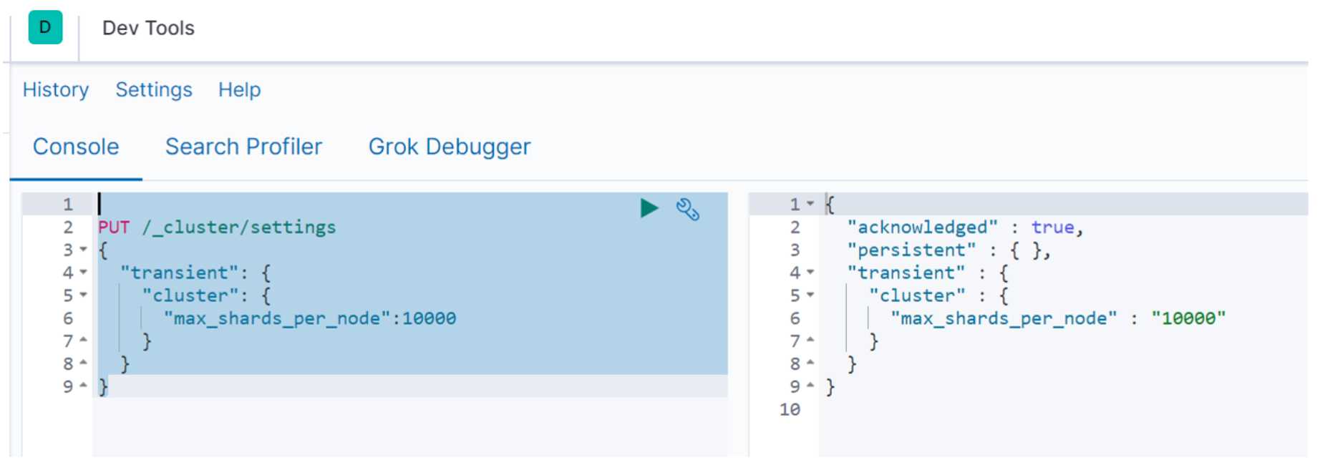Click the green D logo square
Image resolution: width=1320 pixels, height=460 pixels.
45,28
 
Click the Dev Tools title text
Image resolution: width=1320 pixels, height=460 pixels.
148,28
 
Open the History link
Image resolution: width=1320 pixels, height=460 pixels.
56,89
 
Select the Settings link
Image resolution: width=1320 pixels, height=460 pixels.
154,89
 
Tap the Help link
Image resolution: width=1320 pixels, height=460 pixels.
239,89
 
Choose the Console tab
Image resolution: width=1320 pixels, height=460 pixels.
76,147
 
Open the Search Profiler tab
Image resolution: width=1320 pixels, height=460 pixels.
243,147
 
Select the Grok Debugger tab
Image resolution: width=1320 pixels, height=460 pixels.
450,147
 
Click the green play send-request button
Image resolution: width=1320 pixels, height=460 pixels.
649,208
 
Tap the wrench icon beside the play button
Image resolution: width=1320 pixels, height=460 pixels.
687,209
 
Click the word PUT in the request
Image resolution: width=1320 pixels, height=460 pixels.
114,227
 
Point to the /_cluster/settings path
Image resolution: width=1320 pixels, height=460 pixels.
239,227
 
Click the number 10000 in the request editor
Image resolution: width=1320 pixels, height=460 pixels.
429,318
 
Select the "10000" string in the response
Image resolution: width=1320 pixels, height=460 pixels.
1188,318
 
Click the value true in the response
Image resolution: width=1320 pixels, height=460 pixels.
1052,227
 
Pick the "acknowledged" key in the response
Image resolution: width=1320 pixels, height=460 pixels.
922,227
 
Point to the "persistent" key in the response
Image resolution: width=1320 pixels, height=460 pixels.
911,250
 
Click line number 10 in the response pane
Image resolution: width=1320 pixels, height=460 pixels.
790,410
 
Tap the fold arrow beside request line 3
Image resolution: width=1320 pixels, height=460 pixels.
83,250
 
